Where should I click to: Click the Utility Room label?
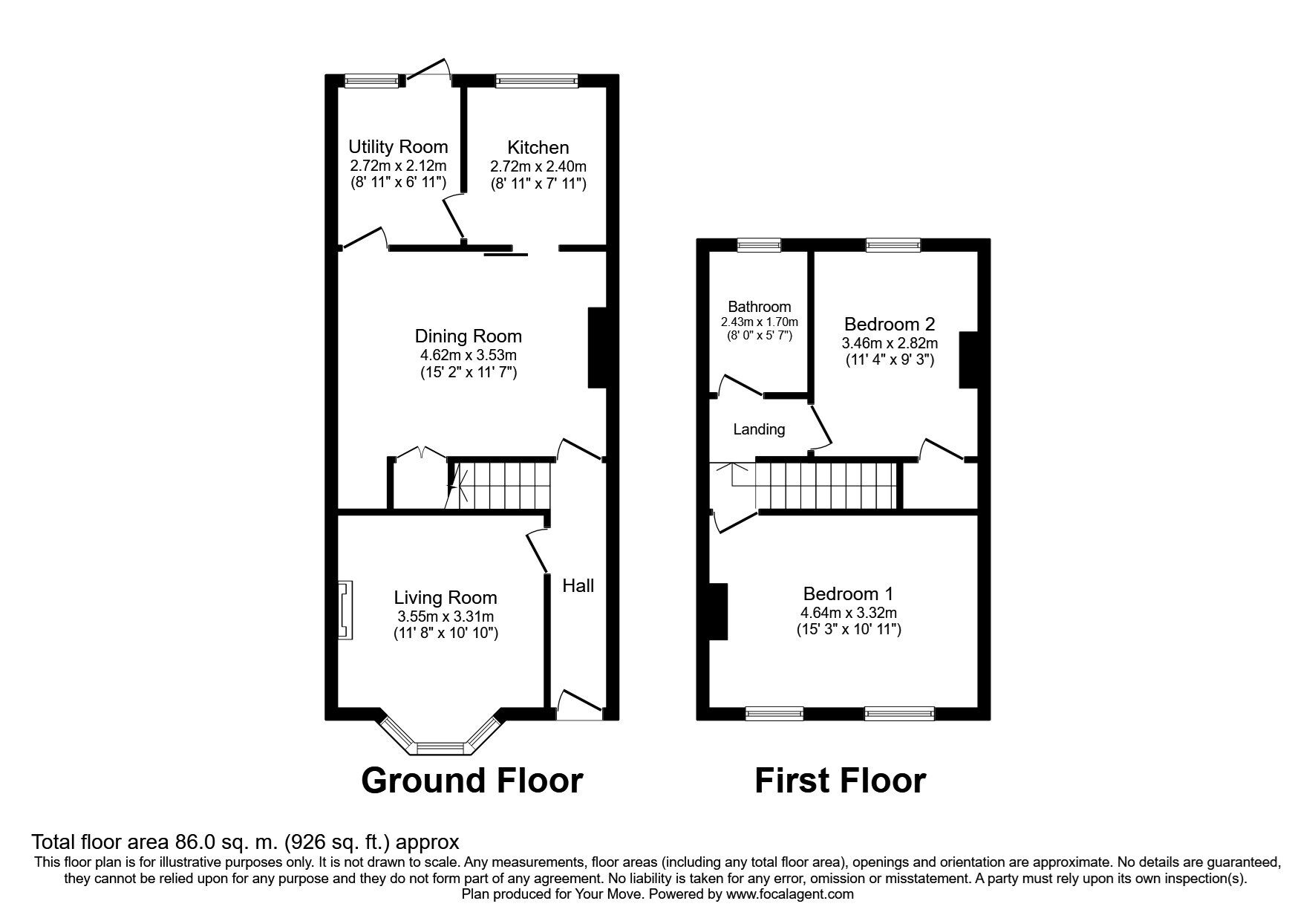pos(398,146)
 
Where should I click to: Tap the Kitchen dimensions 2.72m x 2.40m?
pos(538,166)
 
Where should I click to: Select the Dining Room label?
pos(468,336)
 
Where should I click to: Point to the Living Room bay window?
pos(442,745)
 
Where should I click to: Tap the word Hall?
pos(578,586)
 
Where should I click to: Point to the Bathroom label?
pos(759,307)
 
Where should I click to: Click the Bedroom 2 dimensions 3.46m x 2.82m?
pos(889,343)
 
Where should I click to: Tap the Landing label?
pos(759,429)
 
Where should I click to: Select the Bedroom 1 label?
pos(848,593)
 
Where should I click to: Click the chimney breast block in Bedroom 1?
pos(717,611)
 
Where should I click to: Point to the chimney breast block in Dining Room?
pos(598,348)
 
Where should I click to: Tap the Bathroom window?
pos(759,245)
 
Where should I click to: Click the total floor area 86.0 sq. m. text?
pos(245,842)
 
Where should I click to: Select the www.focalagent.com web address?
pos(789,894)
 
